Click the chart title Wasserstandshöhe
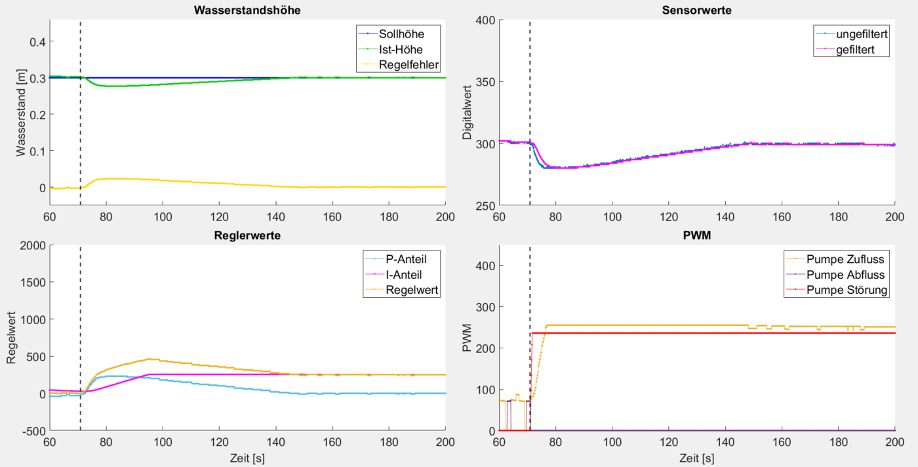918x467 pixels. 247,10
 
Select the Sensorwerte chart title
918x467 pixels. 697,10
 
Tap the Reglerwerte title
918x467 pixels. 247,236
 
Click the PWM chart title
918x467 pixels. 697,236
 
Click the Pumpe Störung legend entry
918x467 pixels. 847,290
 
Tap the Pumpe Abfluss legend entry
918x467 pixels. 846,274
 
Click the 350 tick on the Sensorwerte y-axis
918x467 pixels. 485,82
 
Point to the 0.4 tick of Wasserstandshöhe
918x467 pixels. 36,42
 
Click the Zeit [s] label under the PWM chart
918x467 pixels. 697,457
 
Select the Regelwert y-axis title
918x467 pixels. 11,338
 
